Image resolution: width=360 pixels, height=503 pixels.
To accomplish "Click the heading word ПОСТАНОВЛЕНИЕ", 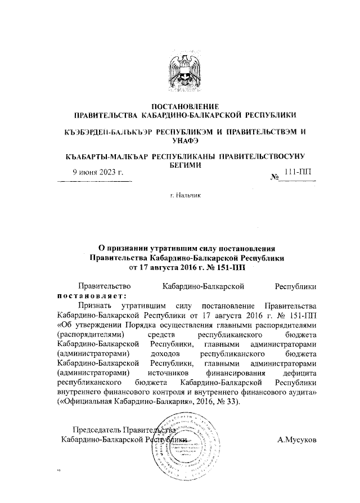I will tap(179, 106).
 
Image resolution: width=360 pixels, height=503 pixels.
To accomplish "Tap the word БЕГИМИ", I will tap(179, 166).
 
